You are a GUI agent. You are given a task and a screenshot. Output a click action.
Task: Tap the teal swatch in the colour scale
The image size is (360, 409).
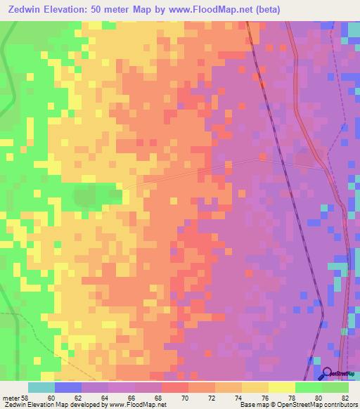coord(41,387)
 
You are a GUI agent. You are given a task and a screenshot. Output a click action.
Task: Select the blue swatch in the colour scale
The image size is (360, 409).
coord(68,387)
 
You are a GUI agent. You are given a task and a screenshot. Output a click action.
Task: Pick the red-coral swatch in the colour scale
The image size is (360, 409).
coord(175,387)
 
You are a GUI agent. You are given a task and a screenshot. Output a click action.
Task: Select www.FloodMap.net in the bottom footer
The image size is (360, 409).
coord(139,405)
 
